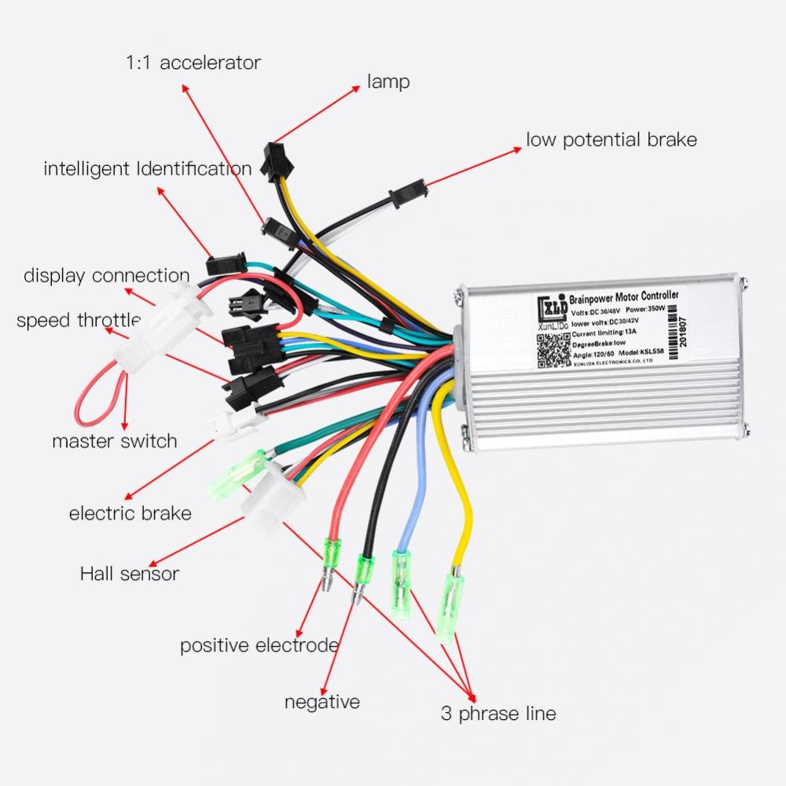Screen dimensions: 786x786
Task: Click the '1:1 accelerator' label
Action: click(193, 63)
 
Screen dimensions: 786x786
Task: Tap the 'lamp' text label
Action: click(388, 81)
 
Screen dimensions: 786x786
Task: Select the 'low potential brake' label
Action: click(611, 140)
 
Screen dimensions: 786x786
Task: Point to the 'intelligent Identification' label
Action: click(147, 168)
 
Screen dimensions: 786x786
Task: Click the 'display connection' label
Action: click(106, 275)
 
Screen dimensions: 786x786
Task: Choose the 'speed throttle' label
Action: click(78, 320)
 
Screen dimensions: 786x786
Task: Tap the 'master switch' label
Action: click(115, 441)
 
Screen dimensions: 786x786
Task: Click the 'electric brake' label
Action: click(130, 514)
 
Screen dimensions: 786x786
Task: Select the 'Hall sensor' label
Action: click(129, 574)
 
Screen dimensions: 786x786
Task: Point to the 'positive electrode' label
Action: click(259, 645)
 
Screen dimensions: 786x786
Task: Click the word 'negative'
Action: click(322, 701)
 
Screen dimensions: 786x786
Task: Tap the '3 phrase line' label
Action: click(498, 714)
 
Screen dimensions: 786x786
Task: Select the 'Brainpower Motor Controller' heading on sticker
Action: click(617, 297)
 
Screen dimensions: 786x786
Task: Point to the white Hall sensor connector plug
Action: click(266, 494)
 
